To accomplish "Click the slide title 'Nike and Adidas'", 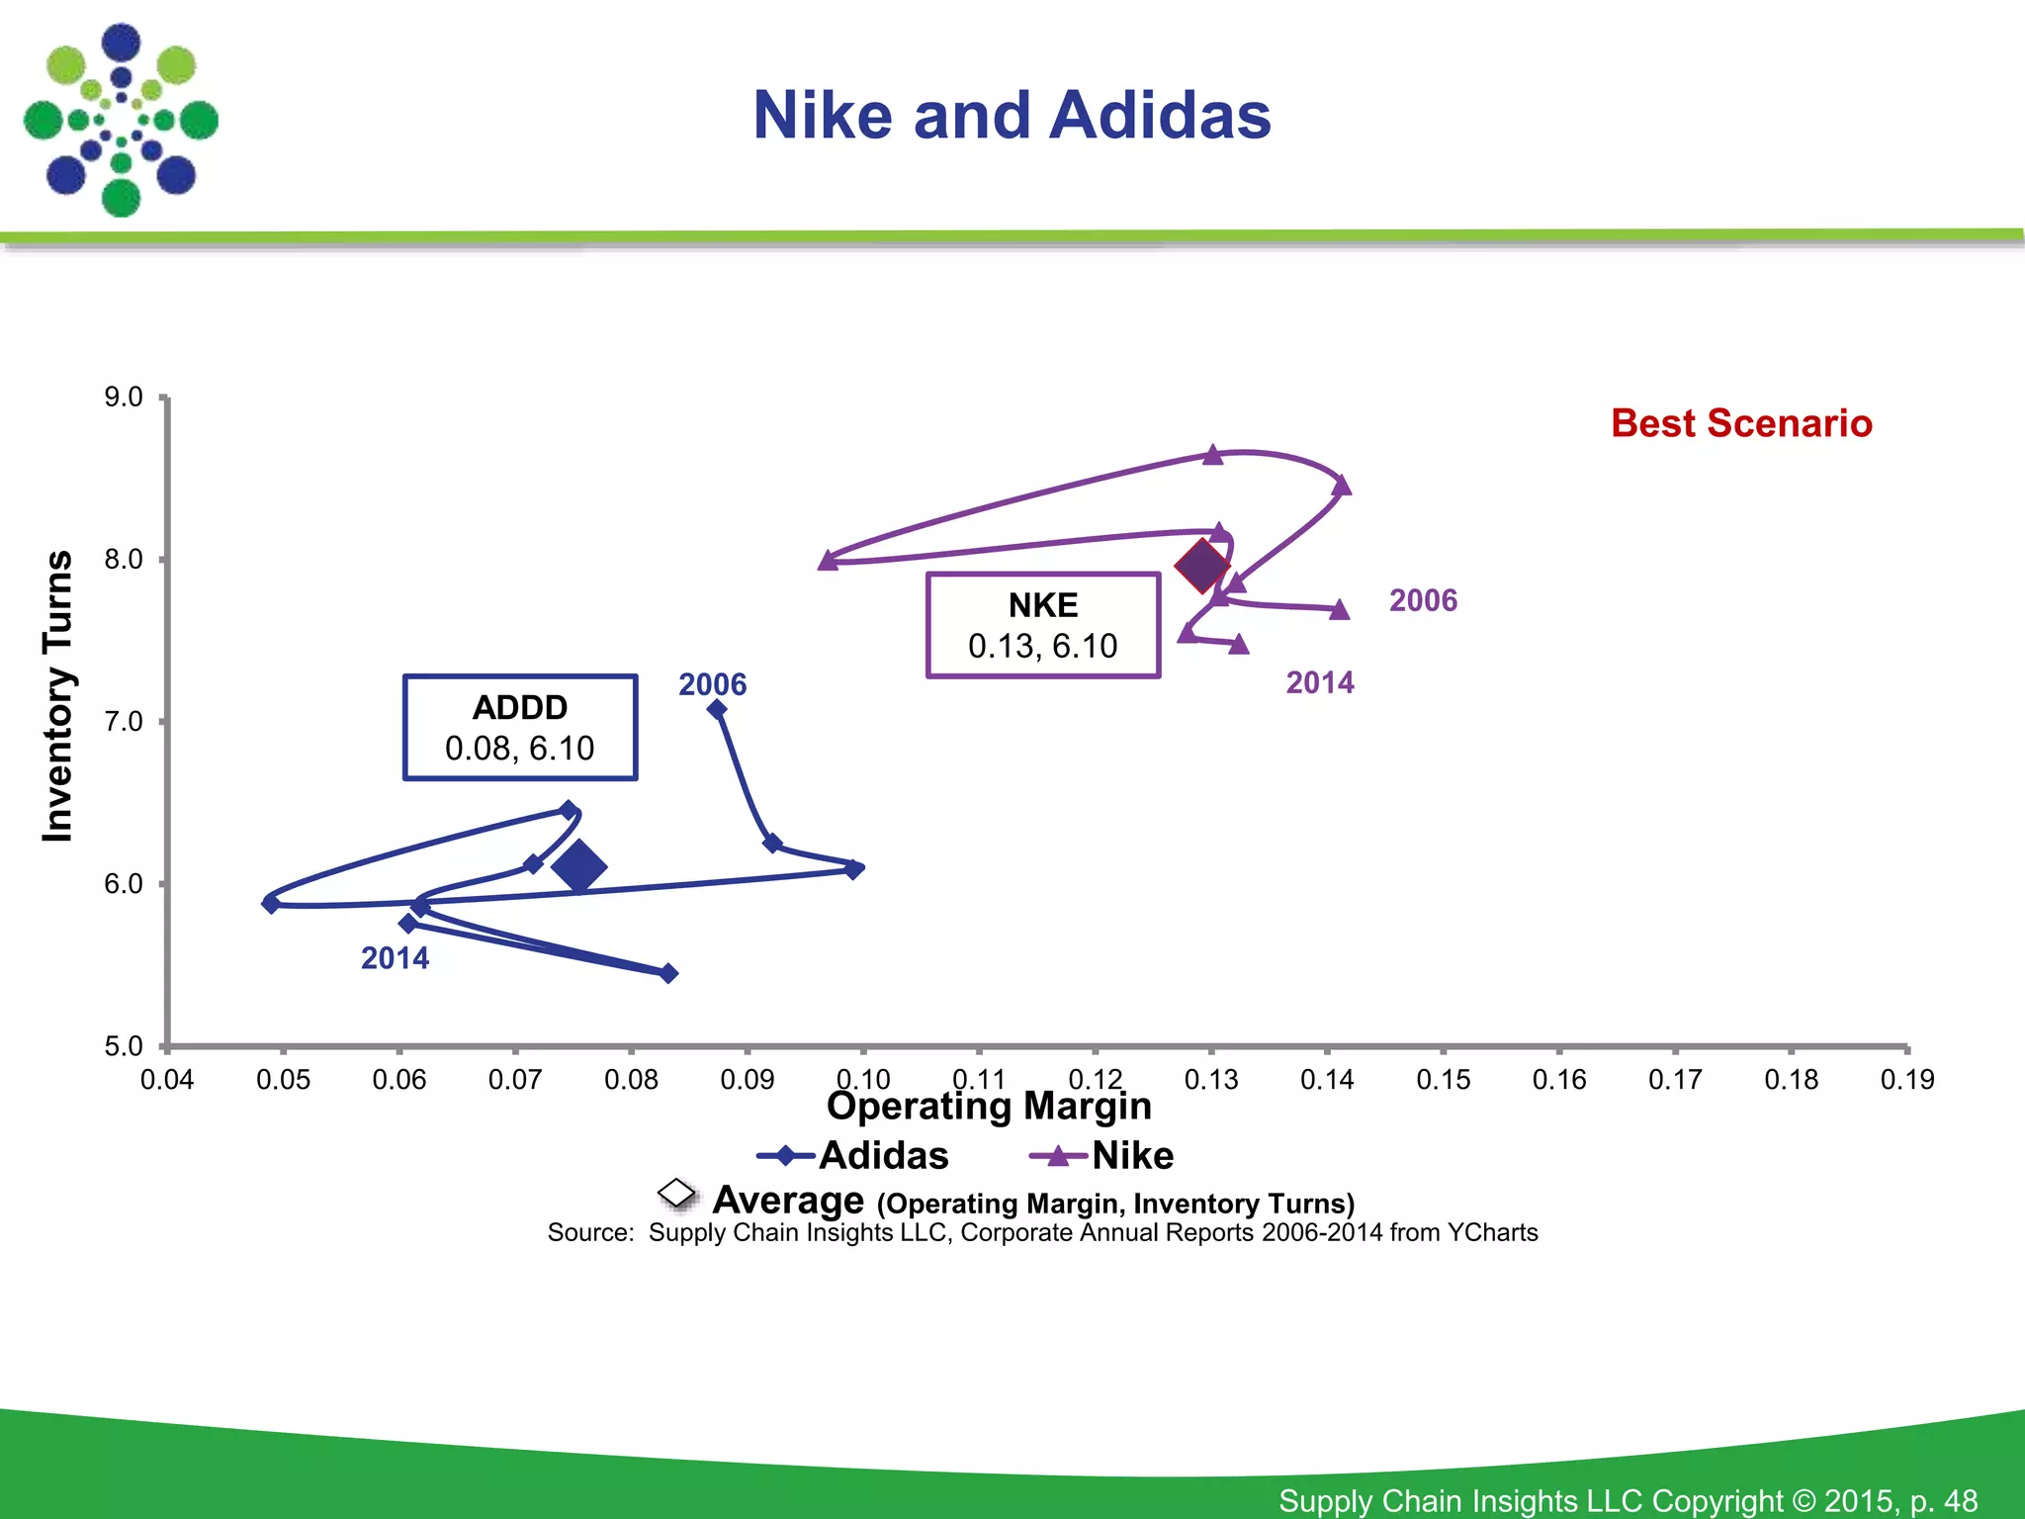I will point(1012,116).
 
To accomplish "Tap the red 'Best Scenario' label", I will point(1741,423).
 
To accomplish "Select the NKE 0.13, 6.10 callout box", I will point(1043,625).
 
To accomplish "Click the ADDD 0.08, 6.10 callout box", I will point(520,728).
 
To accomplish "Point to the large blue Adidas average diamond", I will point(579,866).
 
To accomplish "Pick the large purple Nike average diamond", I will point(1202,567).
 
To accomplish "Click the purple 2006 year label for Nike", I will point(1423,600).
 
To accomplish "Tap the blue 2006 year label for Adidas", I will point(712,684).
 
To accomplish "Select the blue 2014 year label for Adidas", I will point(395,958).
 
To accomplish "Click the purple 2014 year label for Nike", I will point(1320,682).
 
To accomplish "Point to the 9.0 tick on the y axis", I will point(124,398).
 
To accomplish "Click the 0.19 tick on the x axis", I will point(1907,1079).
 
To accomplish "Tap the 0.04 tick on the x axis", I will point(167,1079).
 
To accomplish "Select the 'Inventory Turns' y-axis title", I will point(58,696).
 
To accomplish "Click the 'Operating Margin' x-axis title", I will point(989,1106).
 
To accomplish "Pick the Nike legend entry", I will point(1102,1155).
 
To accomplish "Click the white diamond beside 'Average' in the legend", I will point(677,1194).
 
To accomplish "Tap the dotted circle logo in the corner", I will point(121,121).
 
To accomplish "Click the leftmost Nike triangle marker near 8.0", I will point(829,561).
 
